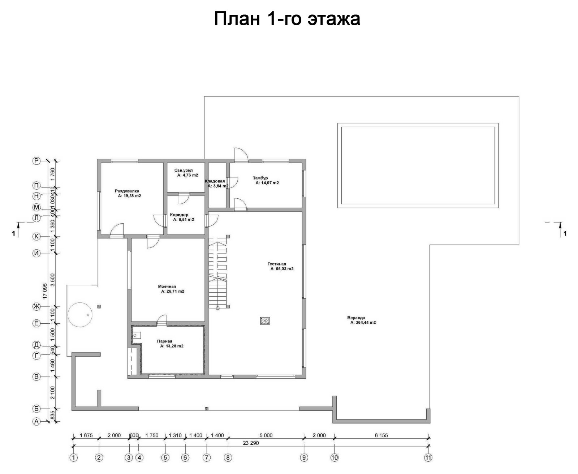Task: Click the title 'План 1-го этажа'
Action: coord(287,19)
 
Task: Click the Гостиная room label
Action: coord(277,264)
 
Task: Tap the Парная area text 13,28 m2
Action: coord(172,346)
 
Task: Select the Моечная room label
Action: coord(167,286)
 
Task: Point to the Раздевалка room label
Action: coord(127,191)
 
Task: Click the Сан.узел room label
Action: coord(184,170)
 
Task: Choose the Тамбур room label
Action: coord(260,178)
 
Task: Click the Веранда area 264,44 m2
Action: coord(363,323)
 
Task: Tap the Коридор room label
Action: coord(179,215)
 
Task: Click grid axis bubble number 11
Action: coord(428,458)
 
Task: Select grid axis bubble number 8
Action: coord(228,458)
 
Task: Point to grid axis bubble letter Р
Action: coord(36,161)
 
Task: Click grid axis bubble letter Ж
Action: coord(36,307)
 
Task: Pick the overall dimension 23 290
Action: coord(251,443)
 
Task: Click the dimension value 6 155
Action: coord(381,435)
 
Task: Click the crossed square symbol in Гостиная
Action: coord(265,321)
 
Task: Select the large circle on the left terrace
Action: coord(80,314)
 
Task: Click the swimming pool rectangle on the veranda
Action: coord(418,165)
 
